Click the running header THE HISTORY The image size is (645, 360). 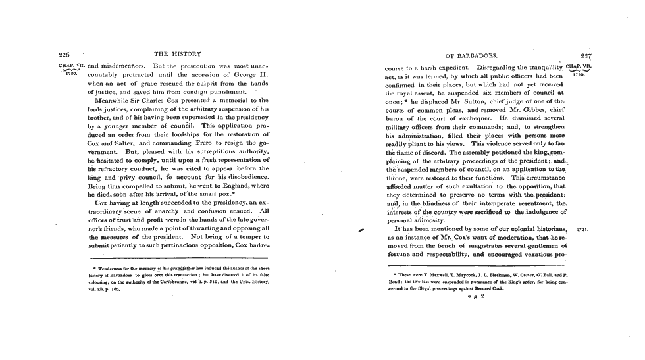click(x=174, y=56)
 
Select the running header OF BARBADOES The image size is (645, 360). click(x=473, y=56)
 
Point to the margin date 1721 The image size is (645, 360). click(x=581, y=231)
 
